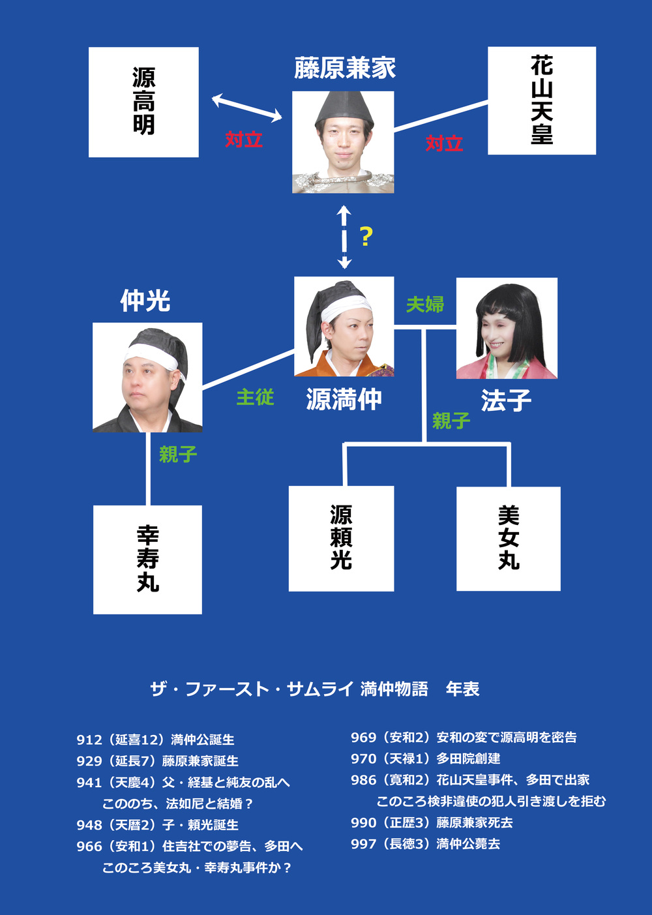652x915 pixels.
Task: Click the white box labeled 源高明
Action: pos(143,102)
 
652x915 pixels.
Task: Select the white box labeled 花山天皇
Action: pos(542,100)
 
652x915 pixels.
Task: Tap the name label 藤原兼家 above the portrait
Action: pos(344,68)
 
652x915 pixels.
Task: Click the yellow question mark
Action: pos(366,236)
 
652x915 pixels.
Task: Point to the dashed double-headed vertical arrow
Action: pos(344,237)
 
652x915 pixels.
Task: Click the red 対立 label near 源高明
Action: pos(244,139)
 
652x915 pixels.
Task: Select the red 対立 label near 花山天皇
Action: pos(444,143)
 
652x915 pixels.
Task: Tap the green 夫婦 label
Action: pos(424,304)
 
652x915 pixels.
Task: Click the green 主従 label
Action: pos(255,397)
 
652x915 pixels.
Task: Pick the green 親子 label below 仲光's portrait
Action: pos(177,454)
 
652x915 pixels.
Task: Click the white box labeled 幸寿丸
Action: pos(147,559)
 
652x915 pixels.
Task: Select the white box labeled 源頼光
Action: pos(341,538)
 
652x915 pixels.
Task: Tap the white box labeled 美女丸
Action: pos(509,539)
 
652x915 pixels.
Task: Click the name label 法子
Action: pos(506,400)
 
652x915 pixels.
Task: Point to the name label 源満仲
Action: pos(344,399)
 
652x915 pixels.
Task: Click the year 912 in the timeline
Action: pos(89,740)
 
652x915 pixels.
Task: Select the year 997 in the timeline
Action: pos(364,844)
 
